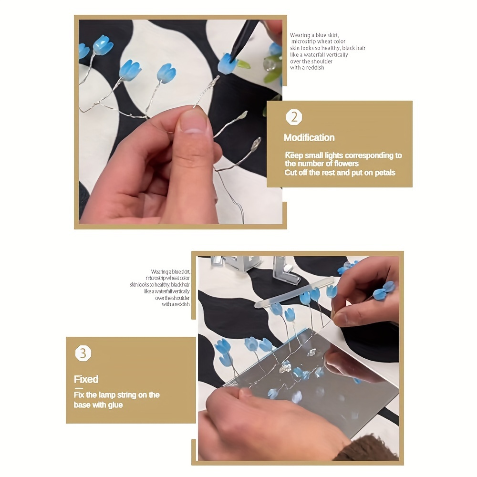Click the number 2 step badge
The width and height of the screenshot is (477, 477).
click(x=294, y=117)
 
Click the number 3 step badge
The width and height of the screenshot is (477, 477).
click(x=83, y=353)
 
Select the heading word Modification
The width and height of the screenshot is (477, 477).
click(x=309, y=137)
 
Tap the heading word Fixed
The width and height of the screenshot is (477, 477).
click(x=86, y=379)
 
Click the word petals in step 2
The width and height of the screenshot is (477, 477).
click(x=385, y=173)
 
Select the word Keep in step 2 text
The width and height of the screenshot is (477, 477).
click(x=294, y=156)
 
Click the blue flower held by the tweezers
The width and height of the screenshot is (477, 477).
click(x=228, y=63)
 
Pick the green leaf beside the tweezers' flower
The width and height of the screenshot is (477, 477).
click(x=244, y=64)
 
